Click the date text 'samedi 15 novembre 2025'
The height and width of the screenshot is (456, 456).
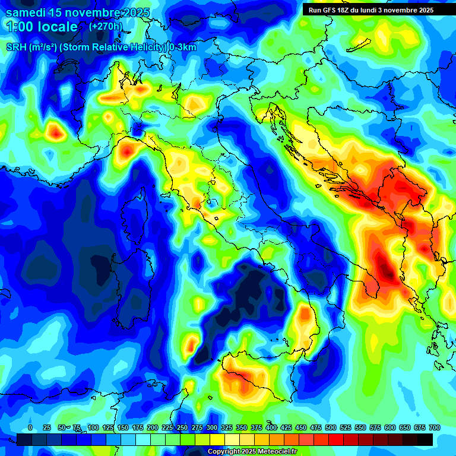pyautogui.click(x=77, y=12)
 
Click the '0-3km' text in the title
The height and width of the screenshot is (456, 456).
pyautogui.click(x=183, y=47)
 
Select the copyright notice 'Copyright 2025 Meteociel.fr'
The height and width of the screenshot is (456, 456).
pyautogui.click(x=251, y=452)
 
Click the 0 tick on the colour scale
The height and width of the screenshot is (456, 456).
pyautogui.click(x=30, y=427)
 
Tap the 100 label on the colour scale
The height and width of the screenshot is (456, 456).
pyautogui.click(x=93, y=427)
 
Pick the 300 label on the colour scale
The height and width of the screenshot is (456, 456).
pyautogui.click(x=212, y=427)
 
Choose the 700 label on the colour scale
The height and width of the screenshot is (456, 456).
pyautogui.click(x=434, y=427)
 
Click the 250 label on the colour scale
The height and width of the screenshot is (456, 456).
pyautogui.click(x=182, y=427)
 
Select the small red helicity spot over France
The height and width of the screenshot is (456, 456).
pyautogui.click(x=56, y=132)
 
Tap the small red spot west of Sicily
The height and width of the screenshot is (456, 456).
pyautogui.click(x=191, y=344)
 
